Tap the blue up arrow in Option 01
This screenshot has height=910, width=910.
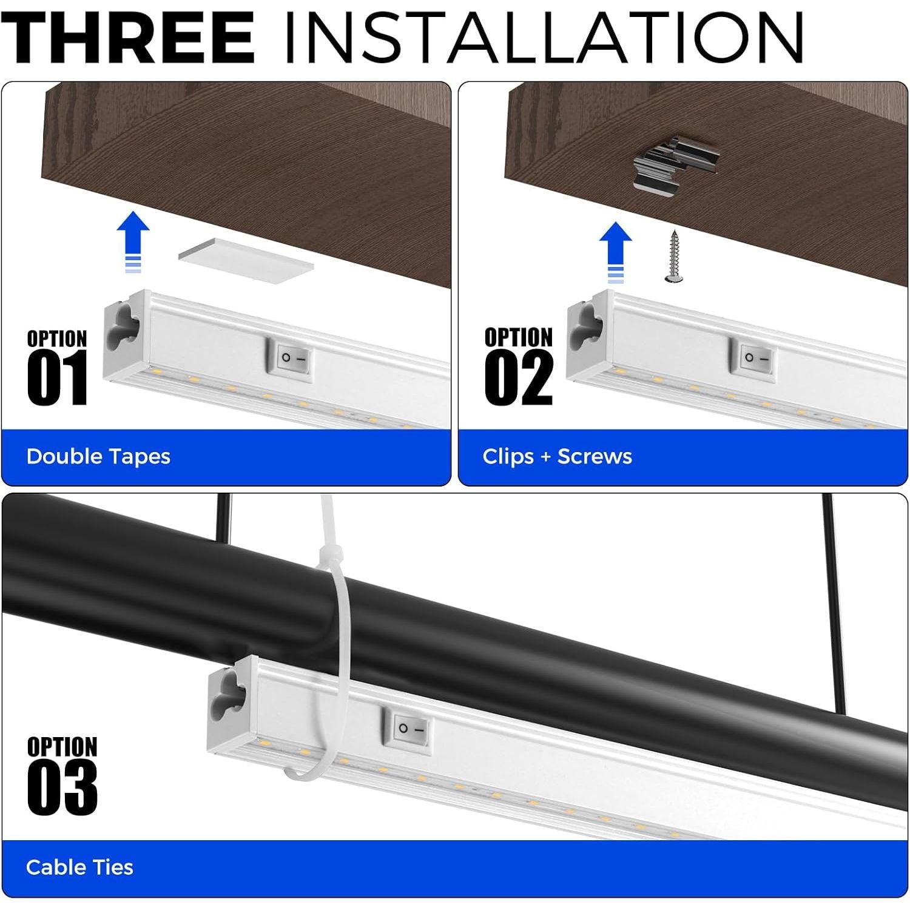point(133,242)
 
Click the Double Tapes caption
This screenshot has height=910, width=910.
point(98,456)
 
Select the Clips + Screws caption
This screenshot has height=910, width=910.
point(557,456)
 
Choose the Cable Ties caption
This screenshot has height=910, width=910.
point(79,867)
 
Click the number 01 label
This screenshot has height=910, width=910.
point(58,379)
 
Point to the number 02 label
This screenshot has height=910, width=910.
point(519,379)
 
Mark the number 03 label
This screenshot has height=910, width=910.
point(62,788)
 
